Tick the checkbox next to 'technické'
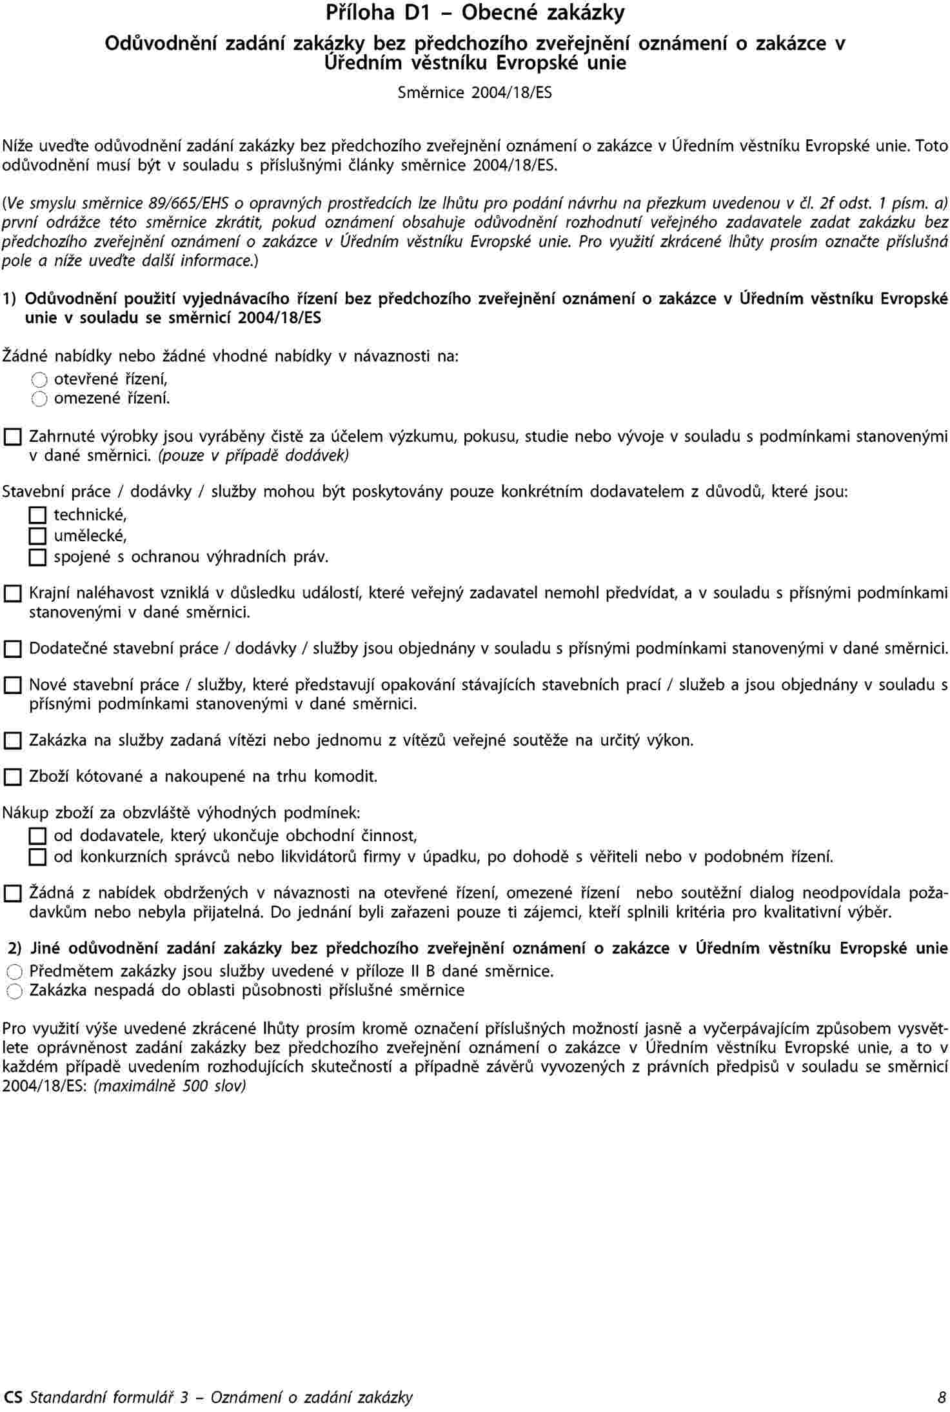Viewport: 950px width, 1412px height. [x=38, y=515]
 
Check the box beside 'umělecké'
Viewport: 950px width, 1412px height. [x=38, y=536]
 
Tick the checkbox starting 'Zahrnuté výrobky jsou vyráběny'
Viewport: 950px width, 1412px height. [x=12, y=438]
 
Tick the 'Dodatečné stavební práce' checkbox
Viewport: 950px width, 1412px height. [x=12, y=649]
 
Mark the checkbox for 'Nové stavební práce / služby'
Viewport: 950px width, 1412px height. [x=12, y=685]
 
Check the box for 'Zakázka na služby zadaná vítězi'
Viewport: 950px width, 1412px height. [x=12, y=741]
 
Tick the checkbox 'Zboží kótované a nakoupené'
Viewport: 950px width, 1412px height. [x=12, y=777]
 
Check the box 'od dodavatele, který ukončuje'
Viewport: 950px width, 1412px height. [x=38, y=837]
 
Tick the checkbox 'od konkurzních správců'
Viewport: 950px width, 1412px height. [x=38, y=858]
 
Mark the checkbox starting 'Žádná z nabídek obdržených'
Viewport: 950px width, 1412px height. [x=12, y=894]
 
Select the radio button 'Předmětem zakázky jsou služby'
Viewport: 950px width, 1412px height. [x=15, y=972]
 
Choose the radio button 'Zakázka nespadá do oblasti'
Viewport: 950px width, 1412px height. [x=15, y=991]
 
